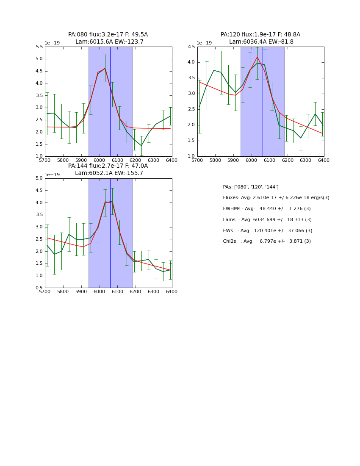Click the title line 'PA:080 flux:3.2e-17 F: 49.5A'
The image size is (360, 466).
[108, 35]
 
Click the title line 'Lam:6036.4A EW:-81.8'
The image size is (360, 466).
[261, 42]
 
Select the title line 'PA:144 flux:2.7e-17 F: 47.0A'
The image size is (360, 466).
[108, 166]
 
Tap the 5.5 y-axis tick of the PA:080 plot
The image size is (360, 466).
[38, 47]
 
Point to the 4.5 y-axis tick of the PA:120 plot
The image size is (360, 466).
[191, 47]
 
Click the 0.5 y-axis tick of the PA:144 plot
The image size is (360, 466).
[38, 288]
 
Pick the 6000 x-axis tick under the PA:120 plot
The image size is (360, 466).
[252, 161]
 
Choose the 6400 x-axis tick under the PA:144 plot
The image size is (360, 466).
[172, 292]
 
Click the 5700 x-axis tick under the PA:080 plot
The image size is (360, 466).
[45, 161]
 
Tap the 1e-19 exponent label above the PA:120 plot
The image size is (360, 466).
[204, 43]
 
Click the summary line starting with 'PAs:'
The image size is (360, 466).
[251, 187]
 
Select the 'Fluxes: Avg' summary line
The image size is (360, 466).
[276, 198]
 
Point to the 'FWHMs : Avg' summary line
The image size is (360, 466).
[267, 209]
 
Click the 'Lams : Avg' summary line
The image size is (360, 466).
[267, 220]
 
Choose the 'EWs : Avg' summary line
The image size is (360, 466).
[268, 231]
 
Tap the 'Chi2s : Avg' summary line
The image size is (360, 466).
[267, 241]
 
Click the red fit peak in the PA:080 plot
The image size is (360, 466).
[105, 68]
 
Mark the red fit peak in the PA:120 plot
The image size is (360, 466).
[257, 57]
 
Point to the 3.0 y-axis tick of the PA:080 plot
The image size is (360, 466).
[38, 108]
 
